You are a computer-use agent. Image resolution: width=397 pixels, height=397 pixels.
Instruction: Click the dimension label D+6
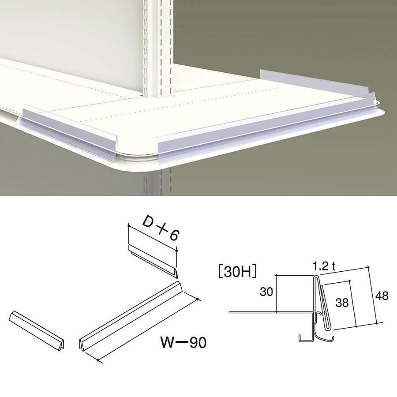tap(161, 228)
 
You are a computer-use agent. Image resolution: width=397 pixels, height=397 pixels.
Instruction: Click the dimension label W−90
tap(184, 342)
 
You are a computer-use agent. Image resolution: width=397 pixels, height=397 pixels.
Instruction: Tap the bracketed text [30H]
tap(237, 272)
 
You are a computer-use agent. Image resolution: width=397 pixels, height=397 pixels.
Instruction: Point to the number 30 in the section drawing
tap(266, 292)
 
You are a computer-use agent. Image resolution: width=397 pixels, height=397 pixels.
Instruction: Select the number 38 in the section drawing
tap(342, 303)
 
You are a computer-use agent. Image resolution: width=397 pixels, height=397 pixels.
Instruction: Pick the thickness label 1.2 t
tap(324, 266)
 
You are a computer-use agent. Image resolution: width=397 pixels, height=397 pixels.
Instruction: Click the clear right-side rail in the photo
tap(314, 81)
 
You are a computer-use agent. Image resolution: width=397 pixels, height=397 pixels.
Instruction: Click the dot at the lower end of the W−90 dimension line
tap(98, 360)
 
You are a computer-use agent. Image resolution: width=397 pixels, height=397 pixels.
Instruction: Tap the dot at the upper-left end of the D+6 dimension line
tap(129, 225)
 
